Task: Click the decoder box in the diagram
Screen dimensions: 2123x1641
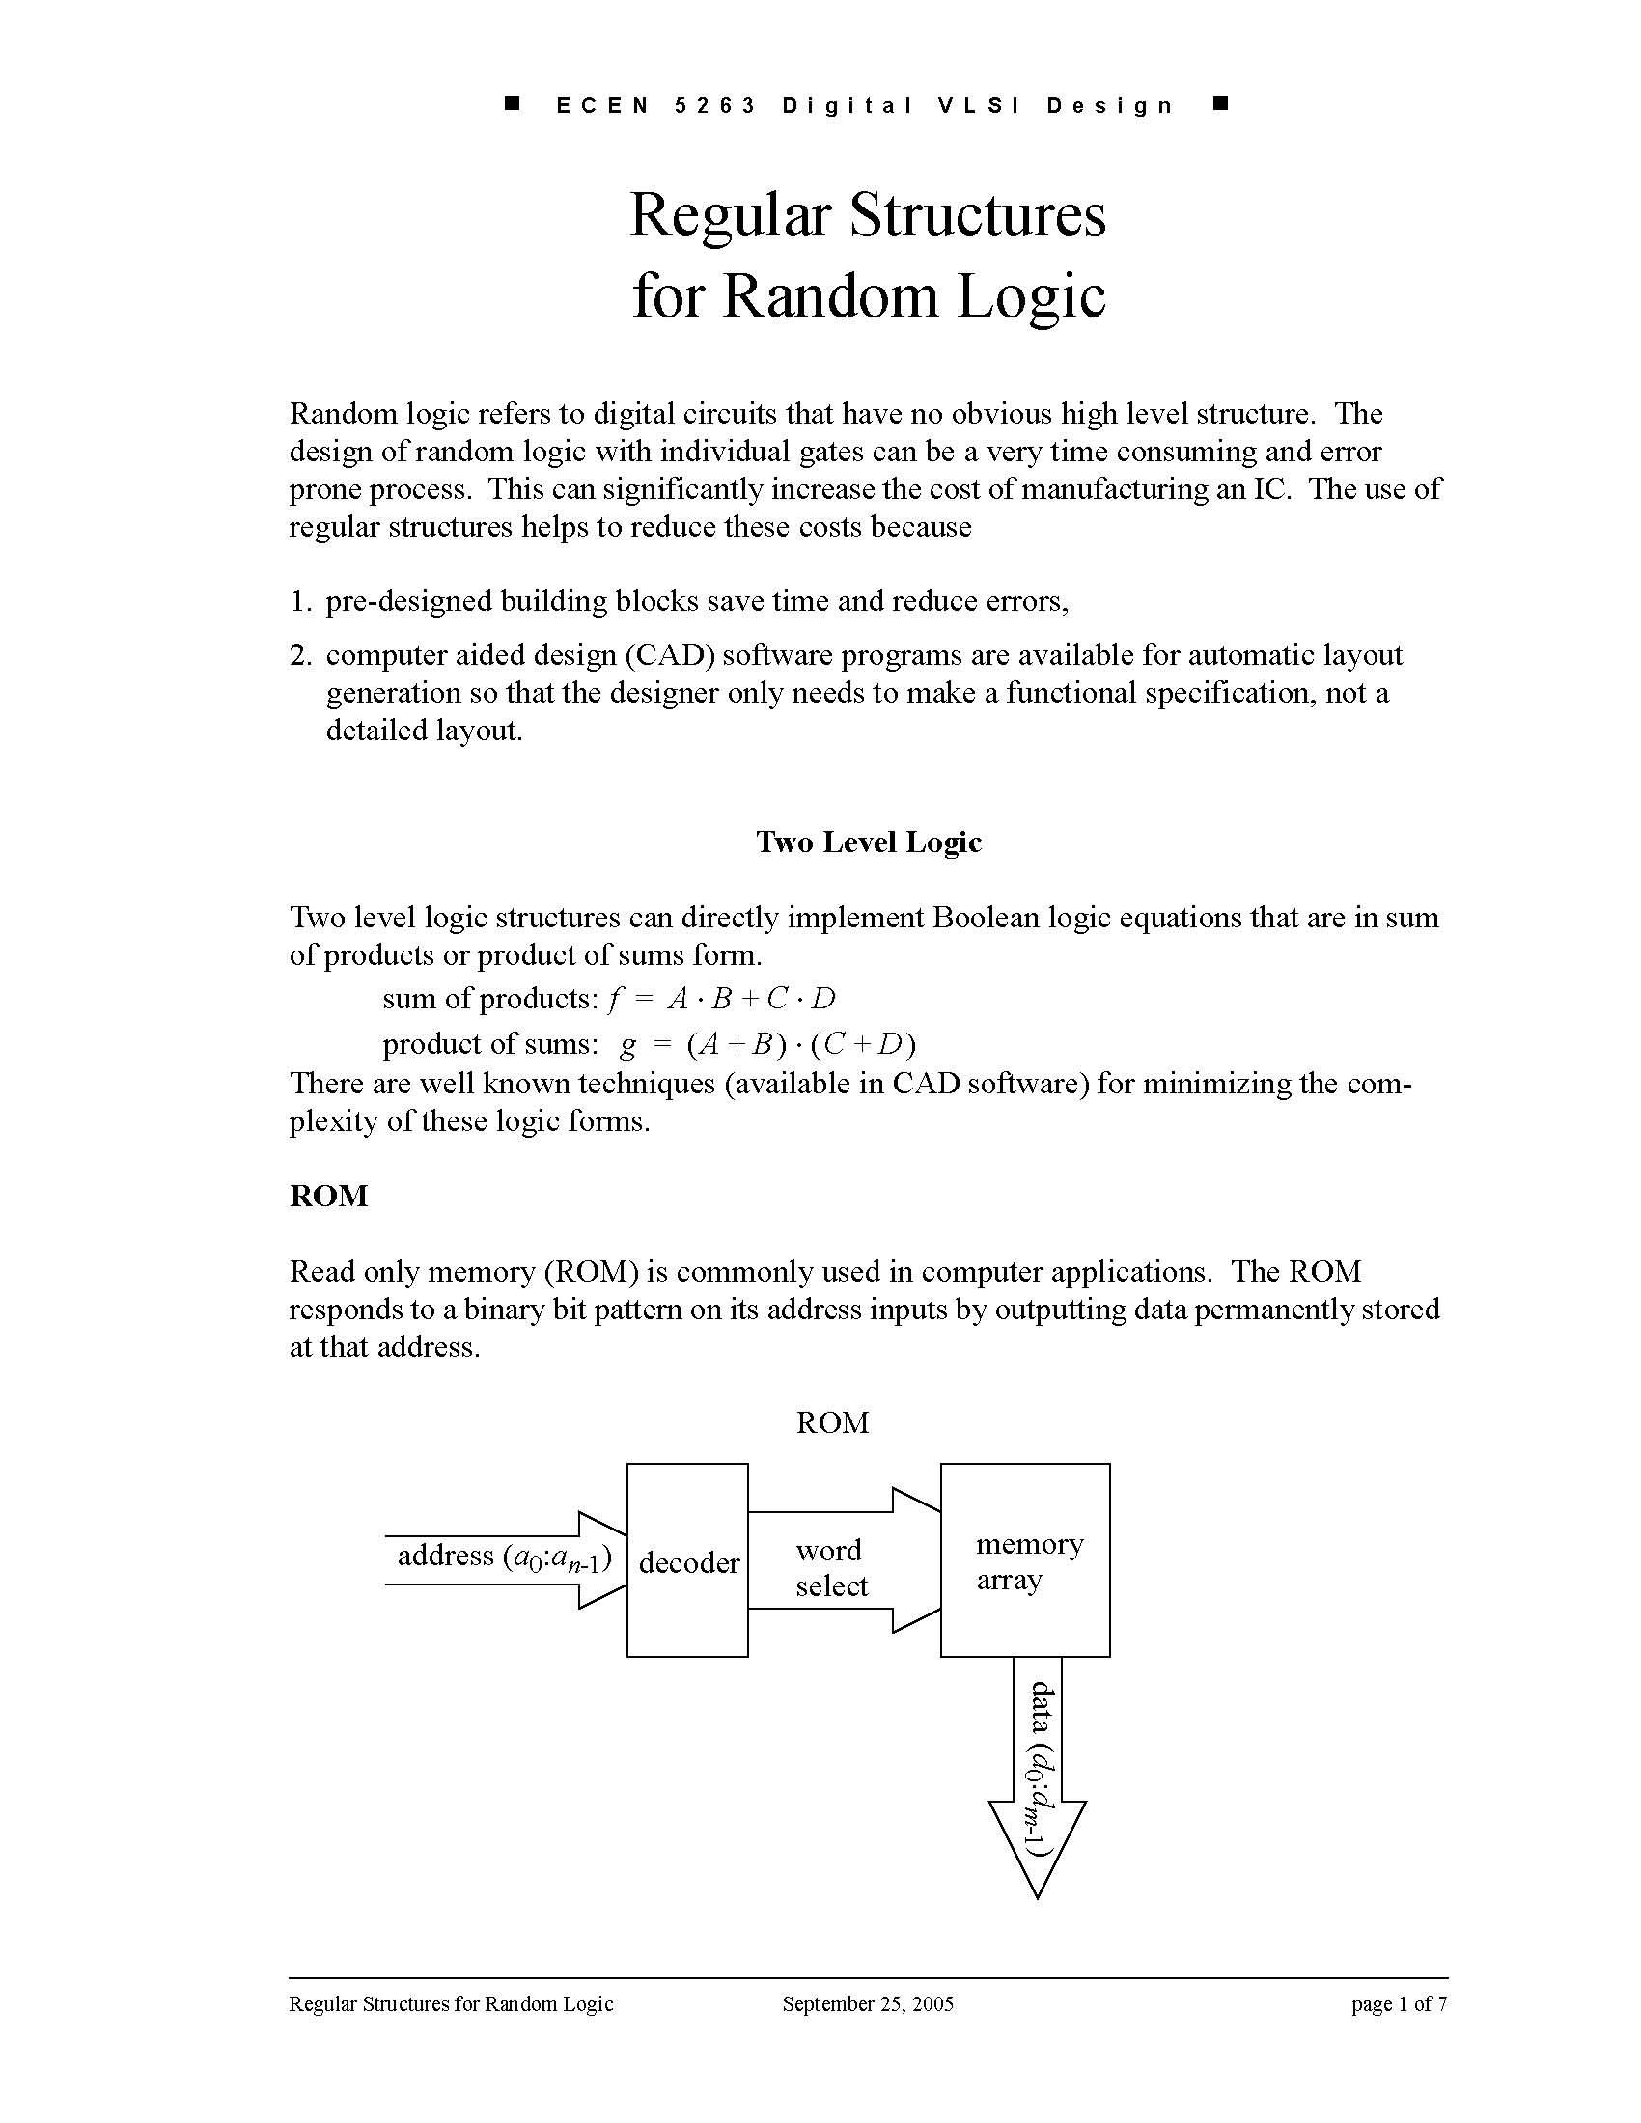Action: [687, 1561]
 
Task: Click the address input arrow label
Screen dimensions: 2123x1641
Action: [504, 1558]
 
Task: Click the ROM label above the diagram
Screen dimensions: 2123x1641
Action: [832, 1423]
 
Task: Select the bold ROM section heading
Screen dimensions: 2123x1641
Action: [328, 1196]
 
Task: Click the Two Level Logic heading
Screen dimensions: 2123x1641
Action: [868, 841]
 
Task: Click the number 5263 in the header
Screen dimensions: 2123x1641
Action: [715, 106]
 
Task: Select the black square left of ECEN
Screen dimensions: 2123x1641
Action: [513, 103]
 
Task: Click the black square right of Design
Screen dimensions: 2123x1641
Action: [1222, 103]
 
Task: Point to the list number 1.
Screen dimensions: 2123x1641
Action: [299, 602]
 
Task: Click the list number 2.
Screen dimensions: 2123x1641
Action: [299, 656]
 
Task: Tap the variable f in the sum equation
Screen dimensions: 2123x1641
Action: [612, 999]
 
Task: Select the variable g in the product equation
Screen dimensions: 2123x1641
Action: [628, 1045]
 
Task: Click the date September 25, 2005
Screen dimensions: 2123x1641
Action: [867, 2003]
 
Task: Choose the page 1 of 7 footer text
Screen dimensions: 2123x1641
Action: [1398, 2003]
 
